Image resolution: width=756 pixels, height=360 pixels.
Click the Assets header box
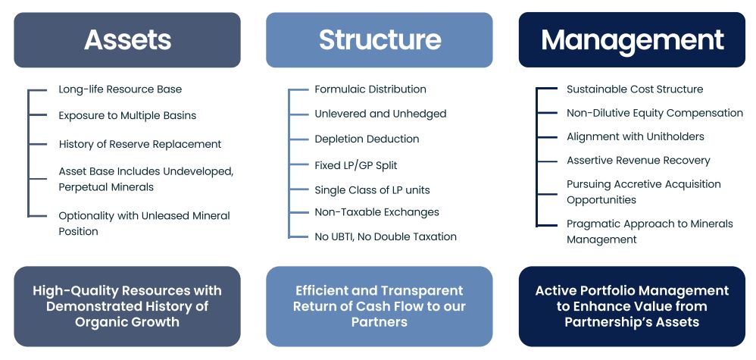127,39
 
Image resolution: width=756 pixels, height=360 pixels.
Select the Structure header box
380,39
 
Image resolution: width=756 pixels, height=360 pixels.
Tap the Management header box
632,39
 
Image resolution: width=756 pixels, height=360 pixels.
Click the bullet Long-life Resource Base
120,89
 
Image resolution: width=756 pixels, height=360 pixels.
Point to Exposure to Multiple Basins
127,116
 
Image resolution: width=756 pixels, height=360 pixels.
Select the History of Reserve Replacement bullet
140,144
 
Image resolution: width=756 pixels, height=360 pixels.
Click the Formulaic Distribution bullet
370,89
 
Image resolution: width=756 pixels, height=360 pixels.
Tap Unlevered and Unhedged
380,114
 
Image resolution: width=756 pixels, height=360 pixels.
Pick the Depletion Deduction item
367,139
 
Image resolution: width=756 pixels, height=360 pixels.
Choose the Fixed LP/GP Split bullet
356,165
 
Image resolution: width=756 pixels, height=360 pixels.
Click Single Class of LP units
372,190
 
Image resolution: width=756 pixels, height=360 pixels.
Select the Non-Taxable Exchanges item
376,212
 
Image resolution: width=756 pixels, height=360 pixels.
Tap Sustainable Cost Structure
635,89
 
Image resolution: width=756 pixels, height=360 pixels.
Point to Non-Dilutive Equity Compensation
654,113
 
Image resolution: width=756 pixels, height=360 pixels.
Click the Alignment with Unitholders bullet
636,136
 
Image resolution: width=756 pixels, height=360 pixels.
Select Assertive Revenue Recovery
639,161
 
